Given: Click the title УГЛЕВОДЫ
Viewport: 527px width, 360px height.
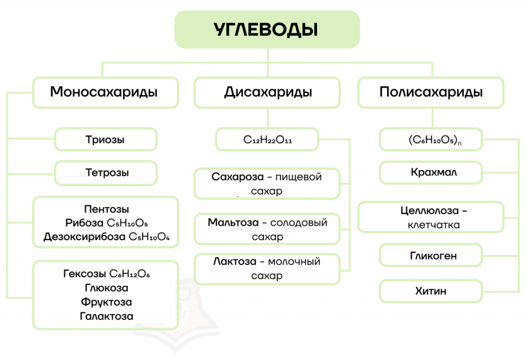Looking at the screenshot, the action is (x=266, y=29).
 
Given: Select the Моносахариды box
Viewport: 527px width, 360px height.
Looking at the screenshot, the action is (x=106, y=93).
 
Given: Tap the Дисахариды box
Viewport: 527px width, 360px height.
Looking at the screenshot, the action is (x=267, y=93).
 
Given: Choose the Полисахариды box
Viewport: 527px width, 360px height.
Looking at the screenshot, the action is (x=431, y=93).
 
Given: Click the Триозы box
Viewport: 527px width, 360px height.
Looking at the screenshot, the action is (x=106, y=139).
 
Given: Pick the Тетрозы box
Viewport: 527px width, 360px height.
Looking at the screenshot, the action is (x=106, y=173).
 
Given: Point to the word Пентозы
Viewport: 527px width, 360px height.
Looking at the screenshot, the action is (x=107, y=209).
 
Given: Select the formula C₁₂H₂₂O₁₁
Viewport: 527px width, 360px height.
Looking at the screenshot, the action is (x=268, y=140).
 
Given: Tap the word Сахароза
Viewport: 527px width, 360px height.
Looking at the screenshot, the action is (x=238, y=176).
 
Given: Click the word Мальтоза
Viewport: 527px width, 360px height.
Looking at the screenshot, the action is (x=233, y=222).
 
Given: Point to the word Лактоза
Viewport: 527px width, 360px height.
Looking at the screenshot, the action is (x=235, y=261).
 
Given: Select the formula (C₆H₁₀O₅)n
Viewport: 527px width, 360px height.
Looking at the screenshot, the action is (x=435, y=140).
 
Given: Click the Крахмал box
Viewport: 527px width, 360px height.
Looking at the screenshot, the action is (x=431, y=173).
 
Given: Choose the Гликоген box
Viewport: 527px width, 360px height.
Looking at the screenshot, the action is (x=431, y=256).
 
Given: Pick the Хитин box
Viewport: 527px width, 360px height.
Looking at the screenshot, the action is (x=431, y=291).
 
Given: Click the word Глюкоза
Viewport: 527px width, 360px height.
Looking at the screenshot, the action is (x=107, y=288).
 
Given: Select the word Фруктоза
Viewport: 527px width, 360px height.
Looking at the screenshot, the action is (x=107, y=302).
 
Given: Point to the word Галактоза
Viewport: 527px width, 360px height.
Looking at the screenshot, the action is (x=107, y=316).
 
